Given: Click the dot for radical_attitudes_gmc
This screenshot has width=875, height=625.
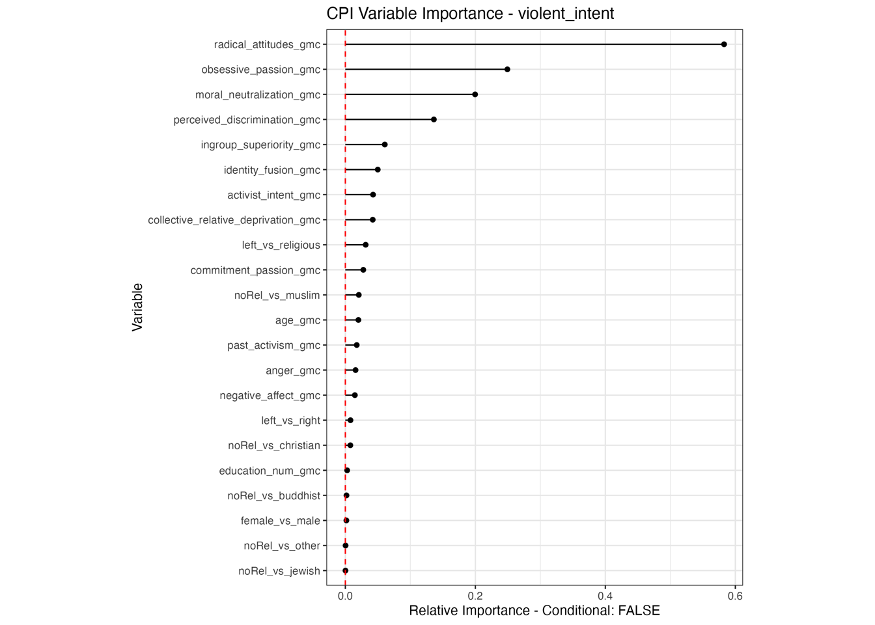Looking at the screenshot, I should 724,44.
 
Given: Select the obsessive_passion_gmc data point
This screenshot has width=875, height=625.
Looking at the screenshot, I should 507,70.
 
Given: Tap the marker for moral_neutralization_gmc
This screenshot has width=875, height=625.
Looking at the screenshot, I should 475,94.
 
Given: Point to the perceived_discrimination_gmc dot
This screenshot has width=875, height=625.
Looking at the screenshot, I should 434,120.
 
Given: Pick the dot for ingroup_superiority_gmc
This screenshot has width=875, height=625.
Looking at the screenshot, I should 385,145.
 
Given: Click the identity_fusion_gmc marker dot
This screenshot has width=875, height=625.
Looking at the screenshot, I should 378,170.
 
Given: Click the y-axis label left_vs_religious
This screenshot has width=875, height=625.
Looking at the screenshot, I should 281,245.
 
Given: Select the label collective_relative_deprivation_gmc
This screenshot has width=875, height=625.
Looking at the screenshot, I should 234,220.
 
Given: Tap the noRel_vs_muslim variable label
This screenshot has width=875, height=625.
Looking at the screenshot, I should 277,296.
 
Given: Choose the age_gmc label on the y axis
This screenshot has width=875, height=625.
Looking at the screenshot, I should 298,320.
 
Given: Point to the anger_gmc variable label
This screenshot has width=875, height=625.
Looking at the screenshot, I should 292,370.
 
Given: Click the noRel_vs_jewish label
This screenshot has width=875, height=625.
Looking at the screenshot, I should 279,571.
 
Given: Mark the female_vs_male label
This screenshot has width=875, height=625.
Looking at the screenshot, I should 280,521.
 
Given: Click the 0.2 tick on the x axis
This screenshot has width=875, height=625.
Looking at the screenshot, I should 475,596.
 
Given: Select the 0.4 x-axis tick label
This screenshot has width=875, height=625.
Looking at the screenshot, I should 605,596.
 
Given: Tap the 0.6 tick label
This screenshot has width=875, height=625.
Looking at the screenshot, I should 735,596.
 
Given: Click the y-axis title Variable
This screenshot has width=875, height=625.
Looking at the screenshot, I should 137,307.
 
